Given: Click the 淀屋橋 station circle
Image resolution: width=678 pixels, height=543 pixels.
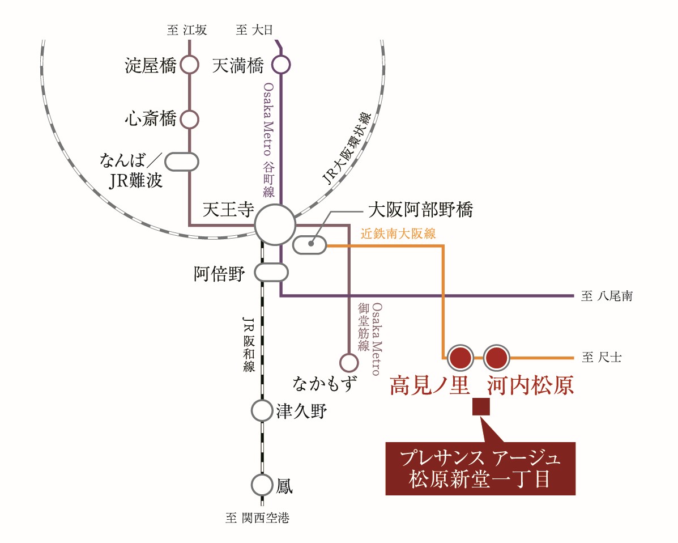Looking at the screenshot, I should [x=190, y=65].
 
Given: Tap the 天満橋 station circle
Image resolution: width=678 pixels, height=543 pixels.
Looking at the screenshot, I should [x=281, y=65].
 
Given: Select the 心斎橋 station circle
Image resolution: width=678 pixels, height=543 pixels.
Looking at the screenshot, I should [x=190, y=120].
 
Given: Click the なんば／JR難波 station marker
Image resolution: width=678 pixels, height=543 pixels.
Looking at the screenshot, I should [x=181, y=161].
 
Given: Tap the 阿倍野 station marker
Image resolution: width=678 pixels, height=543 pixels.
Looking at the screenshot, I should [x=271, y=273].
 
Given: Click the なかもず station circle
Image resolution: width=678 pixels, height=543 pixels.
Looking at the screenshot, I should [x=348, y=362].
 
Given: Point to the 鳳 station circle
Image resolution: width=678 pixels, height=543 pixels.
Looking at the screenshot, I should [x=262, y=485].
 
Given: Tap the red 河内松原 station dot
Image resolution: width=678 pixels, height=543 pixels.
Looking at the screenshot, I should [x=496, y=358].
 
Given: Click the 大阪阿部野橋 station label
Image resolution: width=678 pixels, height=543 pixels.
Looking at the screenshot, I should [x=420, y=210].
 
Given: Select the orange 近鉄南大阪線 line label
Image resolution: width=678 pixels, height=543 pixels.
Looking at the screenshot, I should [x=399, y=234].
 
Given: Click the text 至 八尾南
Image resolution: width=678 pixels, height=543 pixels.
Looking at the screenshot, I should [x=607, y=296].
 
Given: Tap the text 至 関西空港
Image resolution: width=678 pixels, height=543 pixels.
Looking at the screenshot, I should [x=257, y=517].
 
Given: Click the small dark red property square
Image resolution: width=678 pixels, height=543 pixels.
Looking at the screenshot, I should [x=481, y=407].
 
